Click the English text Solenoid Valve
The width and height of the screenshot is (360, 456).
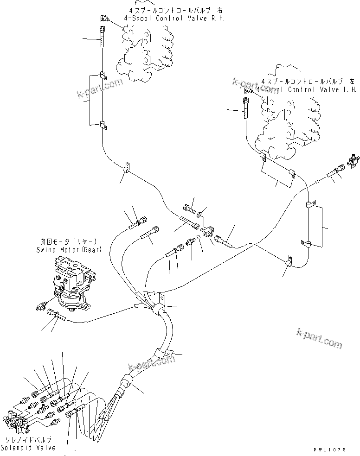coord(28,448)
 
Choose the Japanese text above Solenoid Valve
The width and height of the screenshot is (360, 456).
coord(28,439)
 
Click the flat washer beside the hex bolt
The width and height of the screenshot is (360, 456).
coord(199,215)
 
